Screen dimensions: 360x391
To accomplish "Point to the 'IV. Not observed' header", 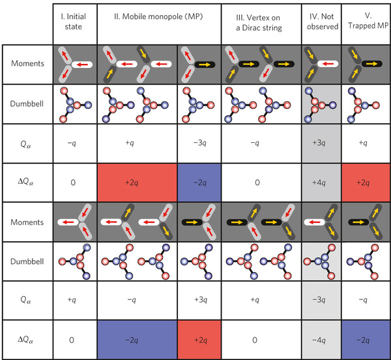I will pyautogui.click(x=321, y=22).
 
